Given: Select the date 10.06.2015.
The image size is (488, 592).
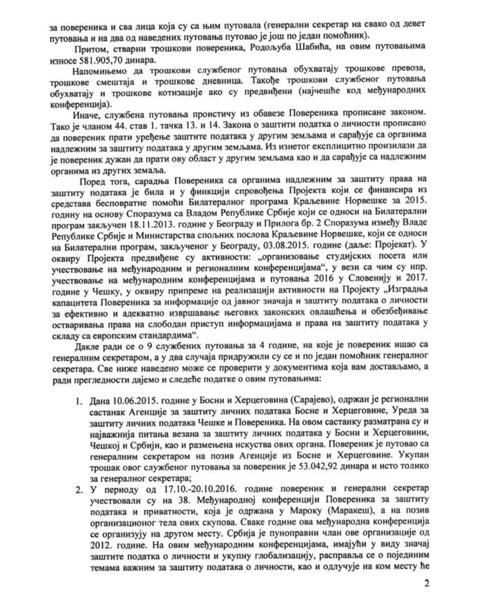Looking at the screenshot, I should point(130,401).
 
